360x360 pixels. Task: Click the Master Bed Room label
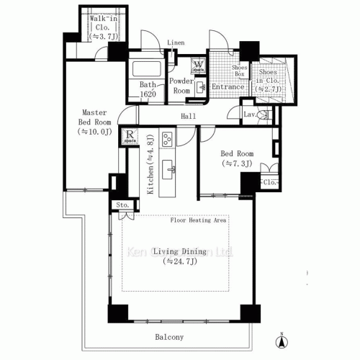(94, 122)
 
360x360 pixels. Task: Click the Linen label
(176, 42)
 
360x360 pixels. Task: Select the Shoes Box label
(240, 71)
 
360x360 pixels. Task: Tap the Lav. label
(250, 114)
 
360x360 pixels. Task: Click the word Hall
(189, 115)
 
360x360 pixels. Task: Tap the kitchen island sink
(172, 170)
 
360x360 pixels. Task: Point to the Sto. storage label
(122, 206)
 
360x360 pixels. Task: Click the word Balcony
(169, 337)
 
